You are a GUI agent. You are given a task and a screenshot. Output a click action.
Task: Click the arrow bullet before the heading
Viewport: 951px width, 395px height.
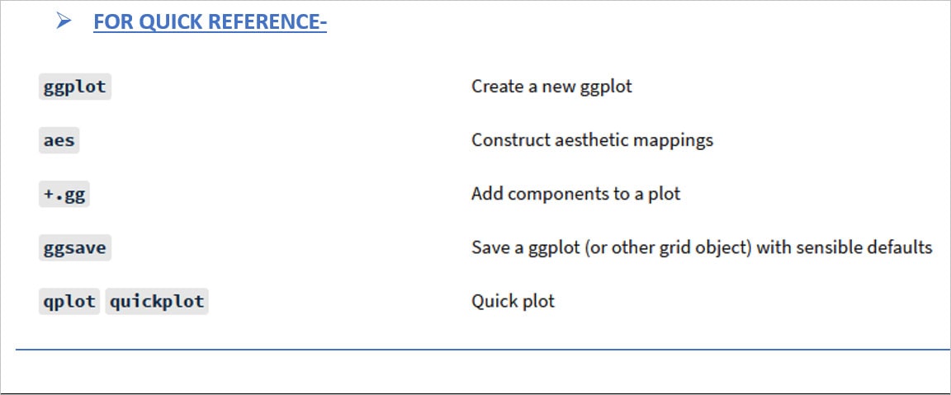coord(64,21)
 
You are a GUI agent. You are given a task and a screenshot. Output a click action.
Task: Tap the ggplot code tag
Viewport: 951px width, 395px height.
coord(75,87)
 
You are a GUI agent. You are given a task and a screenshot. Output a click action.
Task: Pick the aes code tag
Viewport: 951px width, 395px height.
coord(59,140)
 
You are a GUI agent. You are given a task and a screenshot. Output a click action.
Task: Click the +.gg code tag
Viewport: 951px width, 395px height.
coord(64,195)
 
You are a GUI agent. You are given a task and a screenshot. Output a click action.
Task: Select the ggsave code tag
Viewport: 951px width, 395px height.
coord(75,247)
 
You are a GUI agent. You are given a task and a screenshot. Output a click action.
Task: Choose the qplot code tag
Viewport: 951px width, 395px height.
coord(69,301)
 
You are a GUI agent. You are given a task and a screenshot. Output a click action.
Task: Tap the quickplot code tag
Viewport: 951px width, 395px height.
coord(157,301)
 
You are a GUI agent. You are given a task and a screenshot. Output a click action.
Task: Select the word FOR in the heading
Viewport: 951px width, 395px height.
coord(113,21)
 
